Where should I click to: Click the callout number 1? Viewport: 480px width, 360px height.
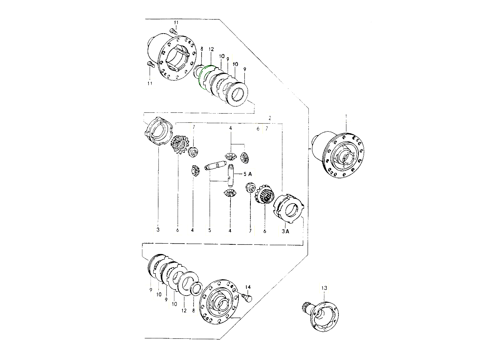pos(346,116)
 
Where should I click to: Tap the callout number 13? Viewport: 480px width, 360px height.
pos(324,288)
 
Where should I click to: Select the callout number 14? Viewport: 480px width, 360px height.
pos(248,287)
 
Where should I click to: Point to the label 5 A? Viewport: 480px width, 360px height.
pos(248,174)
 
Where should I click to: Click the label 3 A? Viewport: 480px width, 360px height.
pos(285,231)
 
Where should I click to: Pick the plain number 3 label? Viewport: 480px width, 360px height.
pos(158,230)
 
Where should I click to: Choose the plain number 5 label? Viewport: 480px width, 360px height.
pos(210,230)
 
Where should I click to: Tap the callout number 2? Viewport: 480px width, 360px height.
pos(270,118)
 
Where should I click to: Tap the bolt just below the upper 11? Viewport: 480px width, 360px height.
pos(173,32)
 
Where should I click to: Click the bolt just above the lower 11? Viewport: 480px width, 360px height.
pos(150,64)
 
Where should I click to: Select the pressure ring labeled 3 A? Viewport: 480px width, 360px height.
pos(288,209)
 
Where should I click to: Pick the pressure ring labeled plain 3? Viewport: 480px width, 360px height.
pos(159,132)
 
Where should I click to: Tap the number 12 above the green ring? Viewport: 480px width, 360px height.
pos(211,49)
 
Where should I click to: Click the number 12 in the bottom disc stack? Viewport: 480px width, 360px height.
pos(184,310)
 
